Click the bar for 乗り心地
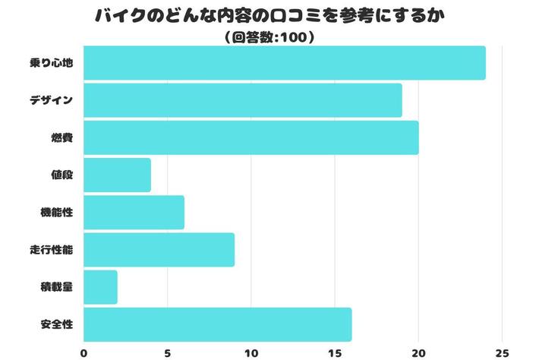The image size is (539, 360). [x=284, y=63]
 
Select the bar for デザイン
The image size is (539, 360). [x=242, y=100]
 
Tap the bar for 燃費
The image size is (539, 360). [x=251, y=137]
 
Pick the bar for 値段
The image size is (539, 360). [x=117, y=175]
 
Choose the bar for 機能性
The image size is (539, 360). [x=134, y=212]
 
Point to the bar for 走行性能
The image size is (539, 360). [x=159, y=250]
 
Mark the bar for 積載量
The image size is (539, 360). [x=100, y=287]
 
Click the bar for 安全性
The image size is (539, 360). [x=217, y=324]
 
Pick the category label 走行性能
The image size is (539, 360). [x=52, y=250]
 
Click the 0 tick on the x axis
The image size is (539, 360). [x=84, y=352]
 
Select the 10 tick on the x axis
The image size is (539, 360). [x=251, y=352]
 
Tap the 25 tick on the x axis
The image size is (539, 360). [x=501, y=352]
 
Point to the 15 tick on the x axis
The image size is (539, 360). [x=334, y=352]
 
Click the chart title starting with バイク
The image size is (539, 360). [x=269, y=16]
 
